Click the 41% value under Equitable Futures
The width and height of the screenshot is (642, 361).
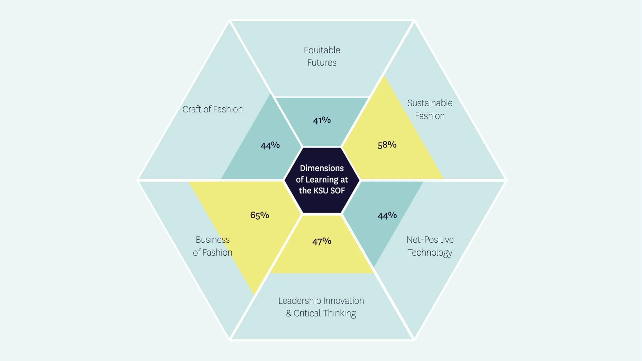click(x=322, y=120)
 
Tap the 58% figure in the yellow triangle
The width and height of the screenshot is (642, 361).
click(x=387, y=145)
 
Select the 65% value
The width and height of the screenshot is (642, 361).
click(x=259, y=215)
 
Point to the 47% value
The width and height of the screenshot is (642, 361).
click(x=322, y=241)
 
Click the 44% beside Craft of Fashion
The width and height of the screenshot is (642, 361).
click(x=270, y=145)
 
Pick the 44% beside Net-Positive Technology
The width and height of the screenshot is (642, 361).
click(x=387, y=215)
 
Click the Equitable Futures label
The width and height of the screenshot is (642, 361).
click(x=322, y=56)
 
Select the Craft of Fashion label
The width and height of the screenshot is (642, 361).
click(x=212, y=109)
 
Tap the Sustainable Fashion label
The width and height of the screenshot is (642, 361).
click(x=430, y=109)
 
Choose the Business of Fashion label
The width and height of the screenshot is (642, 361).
click(x=212, y=246)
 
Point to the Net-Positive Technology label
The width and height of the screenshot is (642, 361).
click(x=430, y=246)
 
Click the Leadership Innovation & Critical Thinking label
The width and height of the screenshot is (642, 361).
click(x=321, y=307)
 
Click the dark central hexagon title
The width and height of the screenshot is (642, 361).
click(x=322, y=179)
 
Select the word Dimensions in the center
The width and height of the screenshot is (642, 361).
click(x=322, y=168)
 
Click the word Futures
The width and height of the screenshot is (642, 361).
click(x=322, y=63)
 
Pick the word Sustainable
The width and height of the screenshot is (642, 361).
click(x=430, y=103)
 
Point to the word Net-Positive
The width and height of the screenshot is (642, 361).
click(x=430, y=240)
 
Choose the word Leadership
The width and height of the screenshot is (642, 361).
click(x=300, y=301)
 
